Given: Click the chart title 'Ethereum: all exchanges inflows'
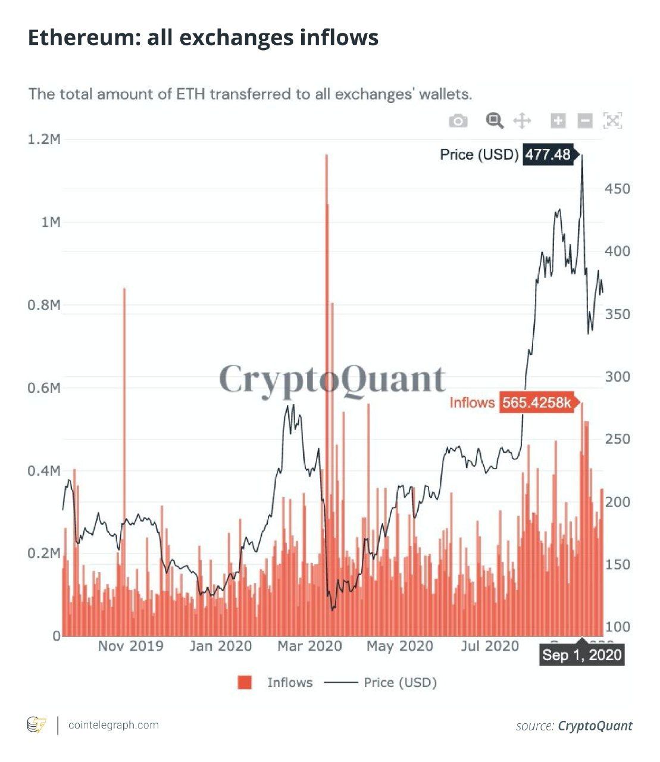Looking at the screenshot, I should (203, 38).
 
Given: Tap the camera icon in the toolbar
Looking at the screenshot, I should (458, 121).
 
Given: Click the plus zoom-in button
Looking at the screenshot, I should (558, 121).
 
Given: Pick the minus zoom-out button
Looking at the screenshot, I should (585, 121).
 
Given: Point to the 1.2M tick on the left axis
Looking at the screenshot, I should (44, 139).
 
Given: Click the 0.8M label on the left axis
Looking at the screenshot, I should (44, 305).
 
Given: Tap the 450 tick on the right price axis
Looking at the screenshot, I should (617, 189).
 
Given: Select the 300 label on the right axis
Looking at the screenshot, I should (617, 376).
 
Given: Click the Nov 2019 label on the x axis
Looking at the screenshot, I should (130, 646).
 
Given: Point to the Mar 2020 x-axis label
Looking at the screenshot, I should (309, 646).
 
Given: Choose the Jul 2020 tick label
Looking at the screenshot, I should (490, 646).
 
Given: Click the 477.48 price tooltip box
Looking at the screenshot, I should (548, 155).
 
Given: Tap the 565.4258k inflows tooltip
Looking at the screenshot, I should (536, 403).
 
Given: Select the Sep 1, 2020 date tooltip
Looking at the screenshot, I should (582, 655).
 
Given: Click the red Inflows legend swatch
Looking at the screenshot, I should (245, 682).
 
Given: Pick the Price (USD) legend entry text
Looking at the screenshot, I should (400, 682).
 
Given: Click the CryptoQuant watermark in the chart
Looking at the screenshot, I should (332, 379).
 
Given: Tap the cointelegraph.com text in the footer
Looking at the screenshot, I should (114, 725).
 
